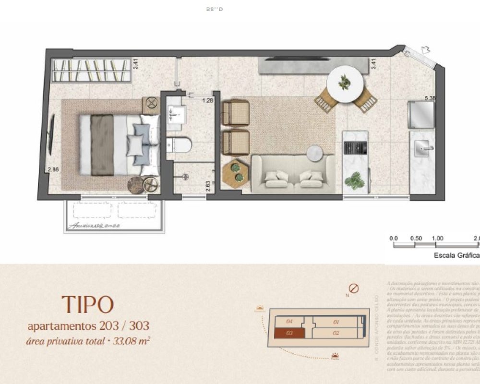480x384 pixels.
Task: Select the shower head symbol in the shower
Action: [x=185, y=177]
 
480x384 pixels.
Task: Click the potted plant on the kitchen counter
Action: [x=356, y=181]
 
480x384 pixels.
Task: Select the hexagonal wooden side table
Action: [x=235, y=172]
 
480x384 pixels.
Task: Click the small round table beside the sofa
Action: [x=315, y=152]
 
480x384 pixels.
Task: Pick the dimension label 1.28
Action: [x=207, y=101]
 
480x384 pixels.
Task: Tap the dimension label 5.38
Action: [x=430, y=98]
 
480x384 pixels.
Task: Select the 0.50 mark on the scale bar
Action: [x=416, y=238]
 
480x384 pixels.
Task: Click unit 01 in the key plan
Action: [x=336, y=322]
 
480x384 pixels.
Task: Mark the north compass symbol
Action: [x=354, y=288]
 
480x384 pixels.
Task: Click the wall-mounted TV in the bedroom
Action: [x=52, y=136]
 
